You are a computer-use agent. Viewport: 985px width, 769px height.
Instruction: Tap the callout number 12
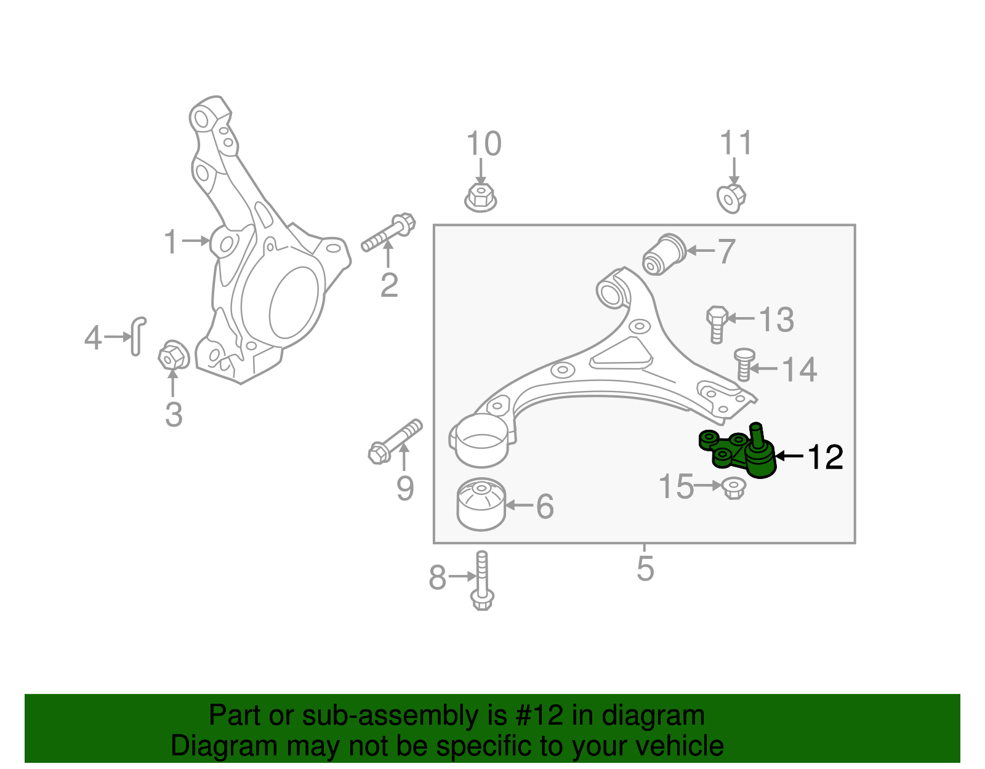[x=824, y=457]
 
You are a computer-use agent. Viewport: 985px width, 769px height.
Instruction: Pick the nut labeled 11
[x=731, y=198]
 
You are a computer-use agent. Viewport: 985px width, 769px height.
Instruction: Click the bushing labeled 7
[x=664, y=254]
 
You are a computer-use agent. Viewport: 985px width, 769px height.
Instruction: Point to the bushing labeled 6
[x=481, y=504]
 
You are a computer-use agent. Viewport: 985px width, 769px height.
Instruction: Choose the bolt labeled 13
[x=717, y=323]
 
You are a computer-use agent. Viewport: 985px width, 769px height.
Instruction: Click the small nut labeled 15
[x=733, y=488]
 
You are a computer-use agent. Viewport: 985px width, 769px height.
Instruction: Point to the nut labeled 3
[x=172, y=356]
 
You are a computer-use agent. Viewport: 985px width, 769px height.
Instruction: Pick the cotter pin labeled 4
[x=138, y=336]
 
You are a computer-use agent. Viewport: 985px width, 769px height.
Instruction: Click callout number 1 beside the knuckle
[x=171, y=242]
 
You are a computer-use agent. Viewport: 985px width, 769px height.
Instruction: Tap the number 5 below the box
[x=645, y=568]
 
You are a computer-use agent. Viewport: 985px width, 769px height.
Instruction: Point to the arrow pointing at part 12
[x=789, y=456]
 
